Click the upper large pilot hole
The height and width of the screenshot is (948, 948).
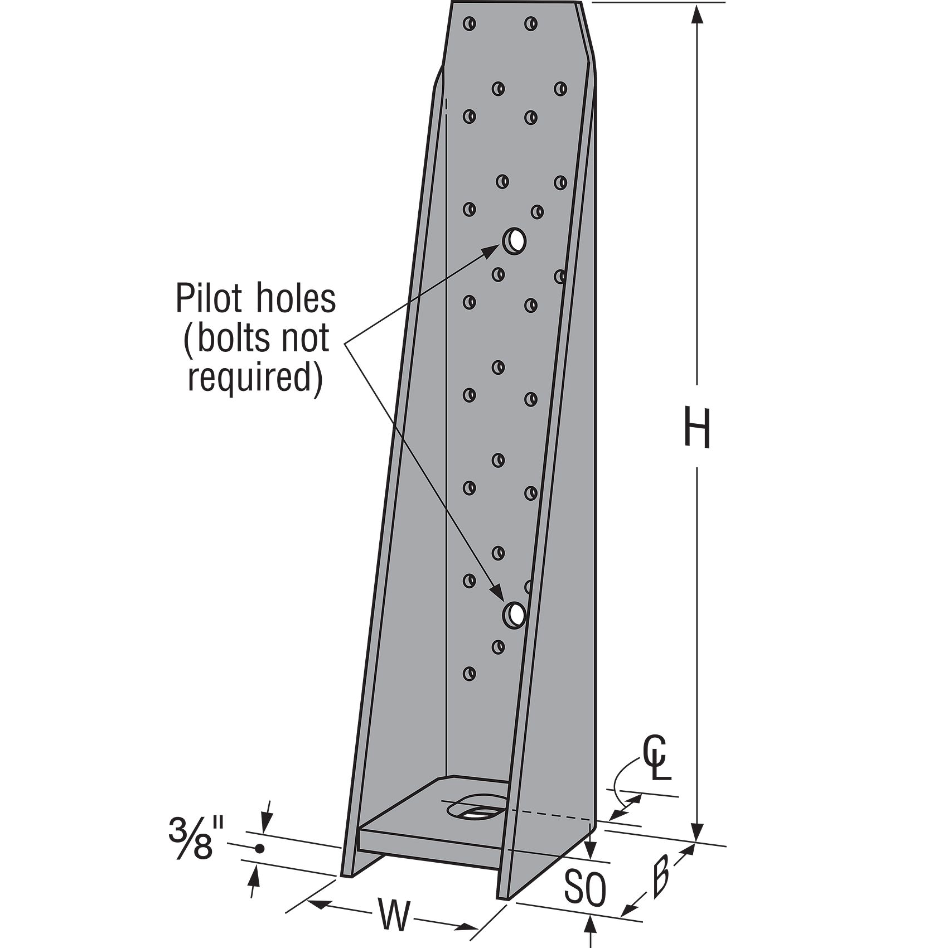click(514, 241)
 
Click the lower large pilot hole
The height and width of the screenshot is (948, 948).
click(514, 614)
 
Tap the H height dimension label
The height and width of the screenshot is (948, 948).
click(697, 428)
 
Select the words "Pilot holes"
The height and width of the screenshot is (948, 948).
click(255, 298)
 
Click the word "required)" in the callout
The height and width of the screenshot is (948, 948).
click(255, 380)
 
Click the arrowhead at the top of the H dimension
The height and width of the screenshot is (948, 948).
click(697, 14)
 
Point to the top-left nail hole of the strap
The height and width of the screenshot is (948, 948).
click(470, 23)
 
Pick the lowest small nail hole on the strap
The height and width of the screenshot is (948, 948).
click(470, 673)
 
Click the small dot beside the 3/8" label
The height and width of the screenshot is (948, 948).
click(259, 849)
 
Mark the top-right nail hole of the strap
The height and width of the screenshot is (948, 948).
click(530, 23)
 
